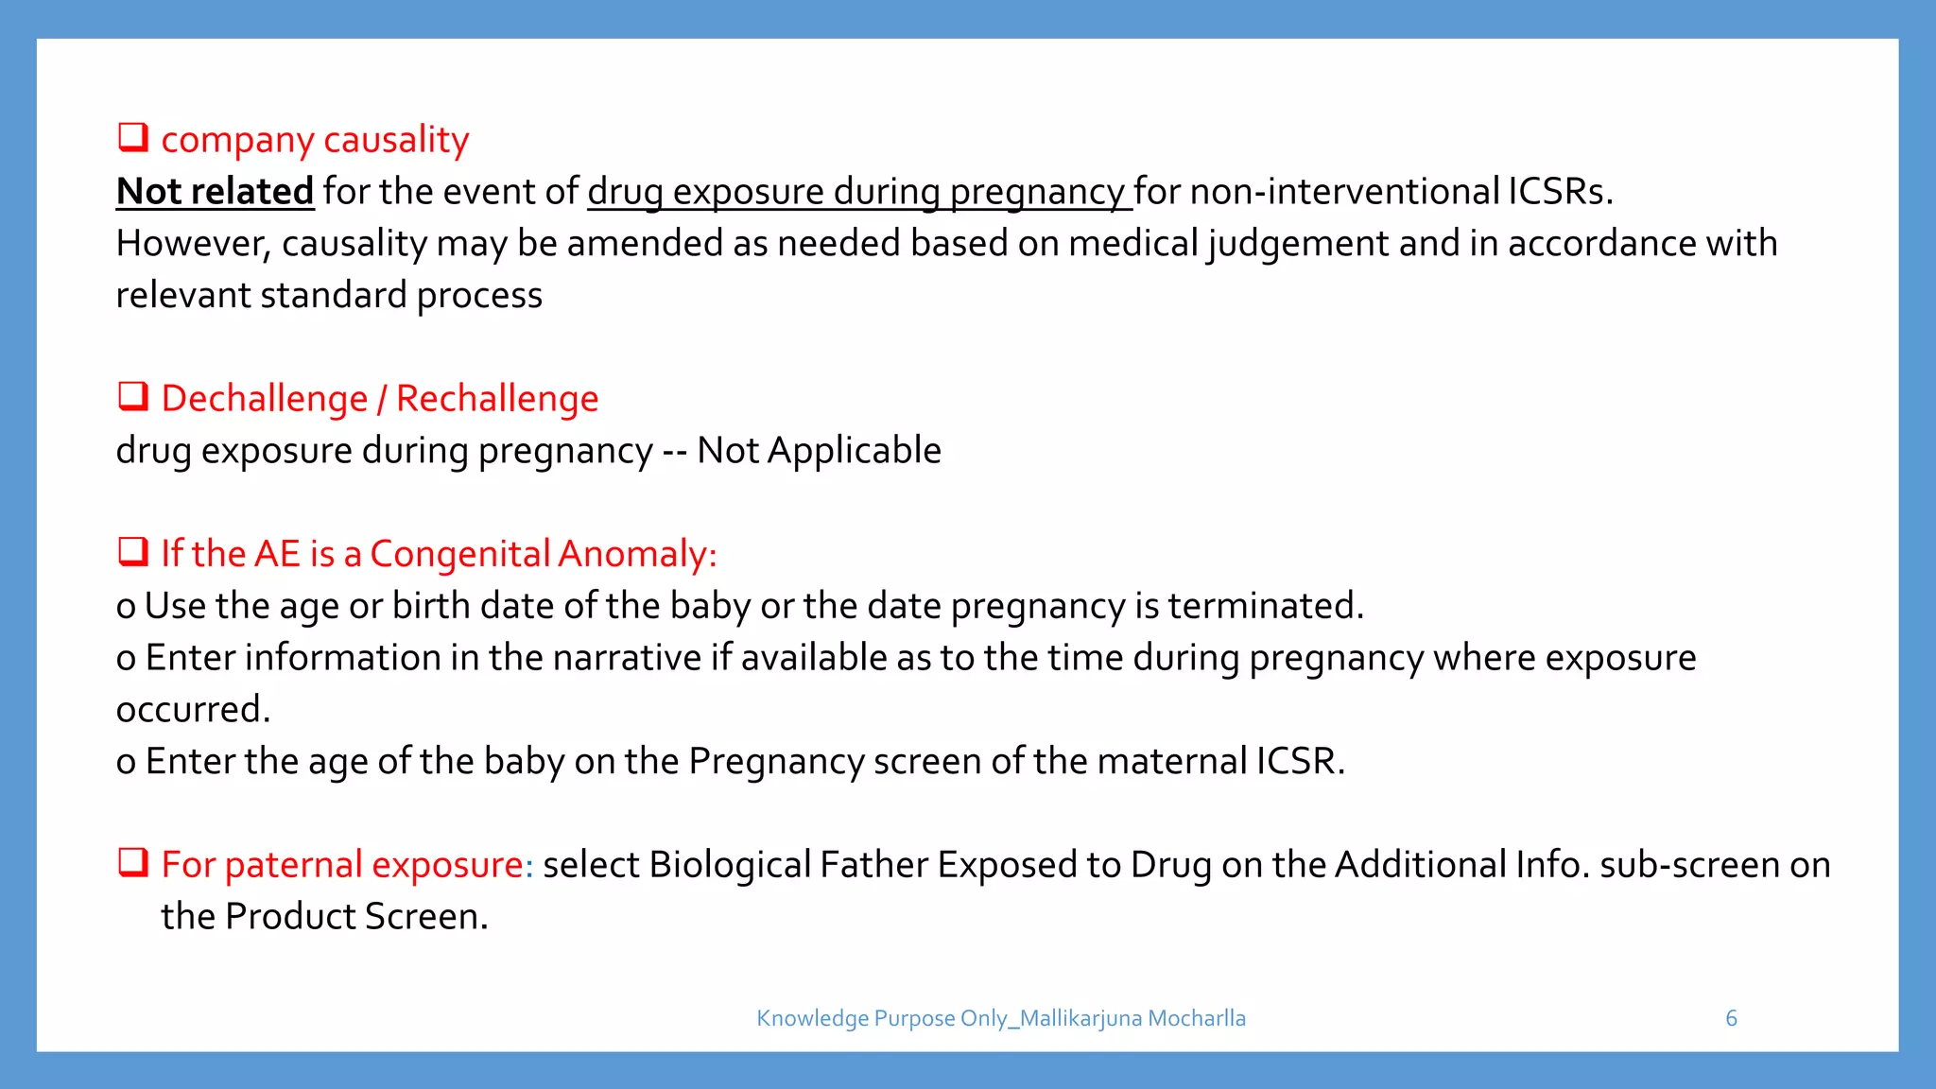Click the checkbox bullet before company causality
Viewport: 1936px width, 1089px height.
coord(132,138)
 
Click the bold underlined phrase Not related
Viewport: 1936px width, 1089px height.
coord(215,191)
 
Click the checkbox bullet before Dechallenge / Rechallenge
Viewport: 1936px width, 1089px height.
coord(132,397)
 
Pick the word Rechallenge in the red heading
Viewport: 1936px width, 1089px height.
coord(497,399)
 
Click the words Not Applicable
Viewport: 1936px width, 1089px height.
coord(819,450)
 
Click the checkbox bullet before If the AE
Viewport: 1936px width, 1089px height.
coord(132,552)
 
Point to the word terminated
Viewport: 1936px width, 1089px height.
coord(1265,605)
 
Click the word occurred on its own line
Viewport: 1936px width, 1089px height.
coord(193,709)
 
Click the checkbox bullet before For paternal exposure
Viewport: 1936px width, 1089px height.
coord(132,863)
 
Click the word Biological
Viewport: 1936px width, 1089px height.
coord(730,865)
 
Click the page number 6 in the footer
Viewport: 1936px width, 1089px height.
coord(1731,1018)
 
